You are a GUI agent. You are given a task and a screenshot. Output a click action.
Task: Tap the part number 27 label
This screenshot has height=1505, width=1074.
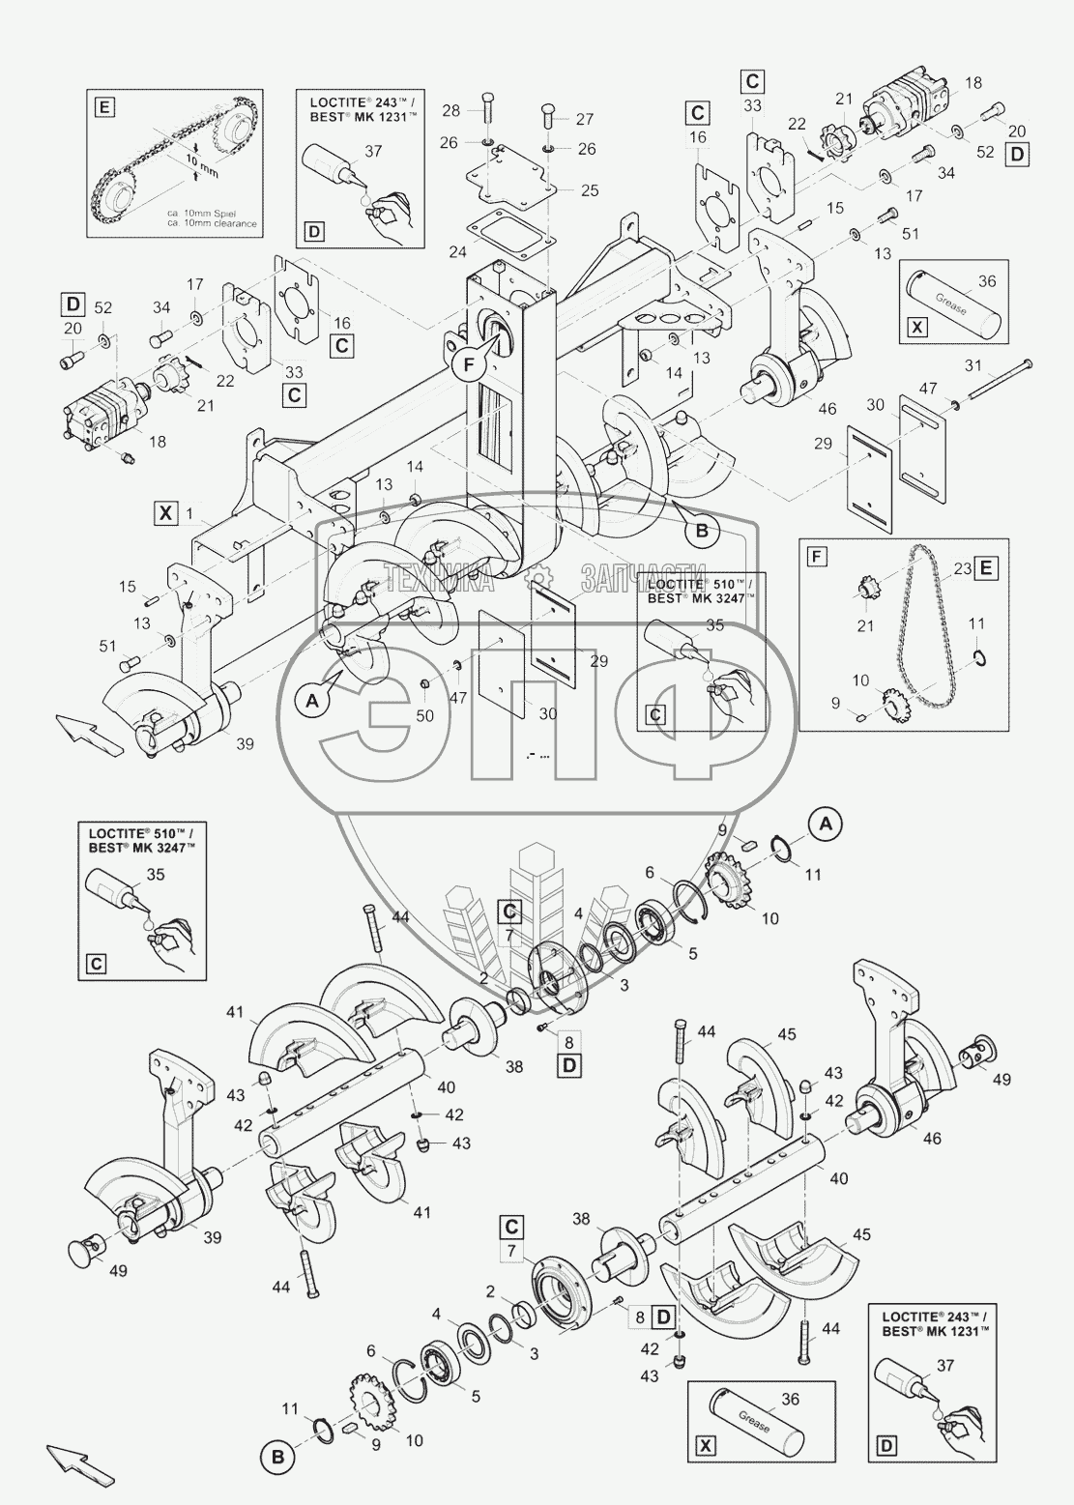(x=583, y=119)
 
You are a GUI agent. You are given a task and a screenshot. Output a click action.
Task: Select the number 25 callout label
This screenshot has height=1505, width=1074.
(x=589, y=190)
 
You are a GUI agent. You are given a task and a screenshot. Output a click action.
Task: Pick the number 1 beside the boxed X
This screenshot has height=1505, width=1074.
(x=190, y=511)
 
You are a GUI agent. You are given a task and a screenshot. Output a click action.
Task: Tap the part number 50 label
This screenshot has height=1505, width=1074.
(x=425, y=716)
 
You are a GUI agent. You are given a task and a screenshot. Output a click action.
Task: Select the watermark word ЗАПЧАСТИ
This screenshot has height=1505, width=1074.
(x=644, y=578)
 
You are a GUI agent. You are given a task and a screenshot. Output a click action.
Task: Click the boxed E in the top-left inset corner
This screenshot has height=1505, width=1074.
(x=102, y=105)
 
